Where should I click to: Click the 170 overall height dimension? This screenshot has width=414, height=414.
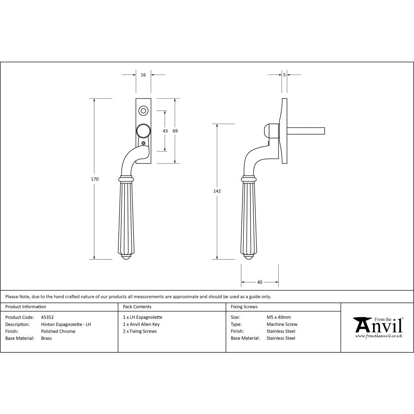(x=95, y=179)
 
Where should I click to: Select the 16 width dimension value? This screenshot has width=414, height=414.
(x=143, y=75)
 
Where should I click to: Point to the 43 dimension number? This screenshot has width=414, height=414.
(x=165, y=131)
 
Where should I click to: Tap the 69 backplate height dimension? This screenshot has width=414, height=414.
(x=175, y=131)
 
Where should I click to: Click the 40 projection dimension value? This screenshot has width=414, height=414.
(x=260, y=282)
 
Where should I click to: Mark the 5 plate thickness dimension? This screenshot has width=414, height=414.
(x=284, y=75)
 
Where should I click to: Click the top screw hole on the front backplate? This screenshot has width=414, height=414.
(x=143, y=111)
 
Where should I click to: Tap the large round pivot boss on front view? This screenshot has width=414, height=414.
(x=143, y=131)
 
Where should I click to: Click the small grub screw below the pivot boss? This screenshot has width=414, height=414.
(x=143, y=143)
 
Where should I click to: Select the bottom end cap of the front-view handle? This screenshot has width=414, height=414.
(x=127, y=258)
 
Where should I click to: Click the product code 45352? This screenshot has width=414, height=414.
(x=48, y=318)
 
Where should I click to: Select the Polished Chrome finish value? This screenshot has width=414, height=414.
(x=58, y=331)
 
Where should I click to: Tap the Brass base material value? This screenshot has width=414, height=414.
(x=46, y=338)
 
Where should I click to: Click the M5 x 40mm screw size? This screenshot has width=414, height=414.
(x=279, y=318)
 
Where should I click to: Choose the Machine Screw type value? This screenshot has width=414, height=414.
(x=282, y=325)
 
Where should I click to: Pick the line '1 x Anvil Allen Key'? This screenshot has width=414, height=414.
(x=141, y=325)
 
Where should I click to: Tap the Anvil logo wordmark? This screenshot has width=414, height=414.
(x=378, y=325)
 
